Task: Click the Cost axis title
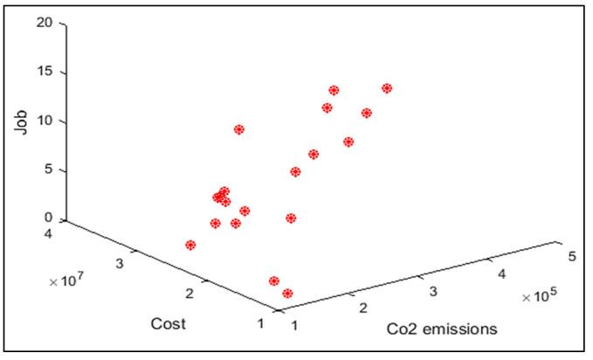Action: [166, 323]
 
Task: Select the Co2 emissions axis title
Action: [442, 329]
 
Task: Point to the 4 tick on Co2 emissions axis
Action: [500, 273]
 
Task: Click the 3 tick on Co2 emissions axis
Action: [430, 291]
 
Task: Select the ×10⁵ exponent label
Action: [539, 297]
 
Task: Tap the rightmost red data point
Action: [387, 88]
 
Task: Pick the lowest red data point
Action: [287, 294]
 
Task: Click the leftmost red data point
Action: [190, 246]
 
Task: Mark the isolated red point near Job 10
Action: [238, 129]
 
